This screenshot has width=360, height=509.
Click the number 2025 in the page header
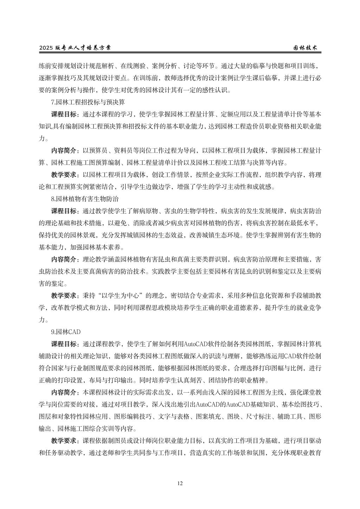point(46,48)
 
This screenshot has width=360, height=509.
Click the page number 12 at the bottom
point(180,484)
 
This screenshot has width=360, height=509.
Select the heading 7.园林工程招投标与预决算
point(88,102)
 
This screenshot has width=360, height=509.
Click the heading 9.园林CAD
point(66,331)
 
